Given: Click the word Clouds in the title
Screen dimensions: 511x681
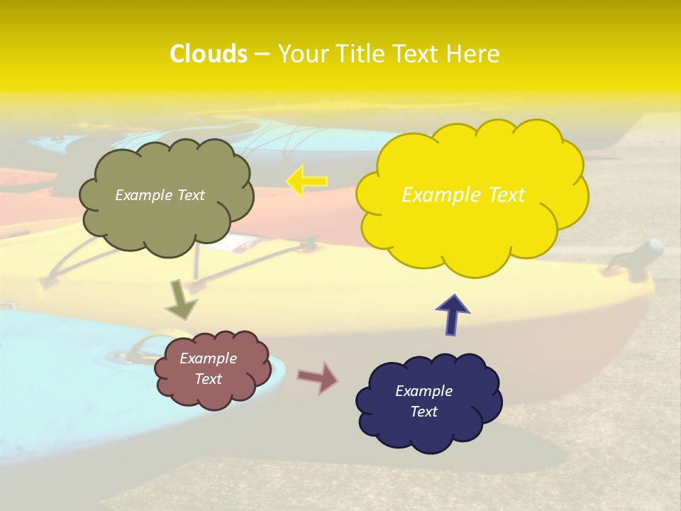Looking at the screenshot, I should pyautogui.click(x=208, y=54).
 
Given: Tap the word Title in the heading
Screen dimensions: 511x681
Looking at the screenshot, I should pyautogui.click(x=360, y=54).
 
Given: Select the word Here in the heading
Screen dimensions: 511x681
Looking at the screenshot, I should pyautogui.click(x=474, y=54).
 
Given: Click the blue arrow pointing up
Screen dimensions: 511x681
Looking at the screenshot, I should pyautogui.click(x=453, y=314).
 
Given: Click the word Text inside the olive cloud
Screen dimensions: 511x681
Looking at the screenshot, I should pyautogui.click(x=190, y=195).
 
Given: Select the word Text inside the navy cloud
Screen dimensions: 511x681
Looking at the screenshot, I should pyautogui.click(x=423, y=412).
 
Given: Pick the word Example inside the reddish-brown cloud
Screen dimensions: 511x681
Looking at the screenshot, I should pyautogui.click(x=208, y=358).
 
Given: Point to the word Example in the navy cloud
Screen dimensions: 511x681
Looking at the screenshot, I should pyautogui.click(x=423, y=391).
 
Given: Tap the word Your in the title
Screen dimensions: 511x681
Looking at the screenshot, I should pyautogui.click(x=302, y=54).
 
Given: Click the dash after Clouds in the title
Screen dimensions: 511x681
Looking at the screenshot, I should pyautogui.click(x=262, y=54).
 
